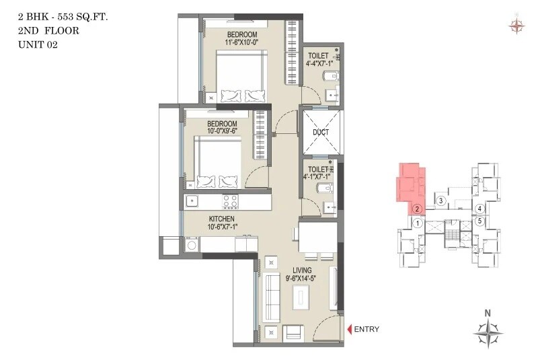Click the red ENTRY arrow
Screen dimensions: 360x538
(x=350, y=329)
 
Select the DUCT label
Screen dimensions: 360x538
(x=321, y=133)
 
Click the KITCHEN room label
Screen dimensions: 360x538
(x=221, y=219)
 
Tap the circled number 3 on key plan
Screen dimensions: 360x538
(x=440, y=201)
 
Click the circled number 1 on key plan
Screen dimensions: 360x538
(x=418, y=223)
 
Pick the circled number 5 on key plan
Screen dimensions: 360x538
(x=479, y=220)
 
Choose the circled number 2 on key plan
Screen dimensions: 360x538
(x=418, y=209)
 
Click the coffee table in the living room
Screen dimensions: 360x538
(x=299, y=295)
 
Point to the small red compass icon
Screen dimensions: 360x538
(x=516, y=26)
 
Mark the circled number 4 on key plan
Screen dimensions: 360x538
(x=479, y=209)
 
